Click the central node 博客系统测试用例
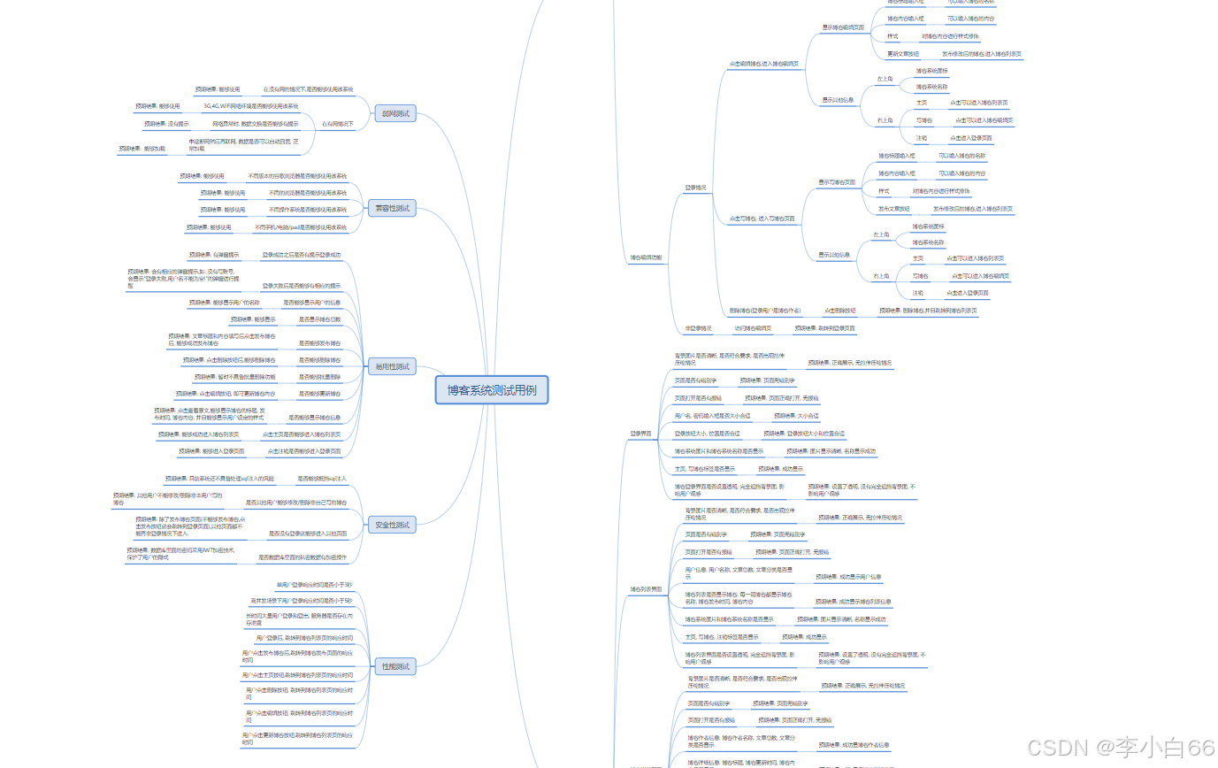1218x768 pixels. pyautogui.click(x=492, y=390)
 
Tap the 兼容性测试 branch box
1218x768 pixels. pyautogui.click(x=392, y=208)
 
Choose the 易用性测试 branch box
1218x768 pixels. pyautogui.click(x=392, y=366)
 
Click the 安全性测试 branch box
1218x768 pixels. pyautogui.click(x=392, y=525)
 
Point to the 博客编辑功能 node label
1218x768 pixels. pyautogui.click(x=646, y=257)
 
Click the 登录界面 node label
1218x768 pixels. pyautogui.click(x=640, y=434)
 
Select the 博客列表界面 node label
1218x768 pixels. pyautogui.click(x=646, y=588)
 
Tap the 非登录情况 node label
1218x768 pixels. pyautogui.click(x=698, y=328)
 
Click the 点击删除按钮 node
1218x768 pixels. pyautogui.click(x=839, y=311)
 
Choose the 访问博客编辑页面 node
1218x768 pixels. pyautogui.click(x=753, y=328)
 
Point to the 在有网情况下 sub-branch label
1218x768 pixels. pyautogui.click(x=337, y=124)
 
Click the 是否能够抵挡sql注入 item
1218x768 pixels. pyautogui.click(x=322, y=478)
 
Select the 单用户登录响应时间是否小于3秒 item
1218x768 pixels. pyautogui.click(x=314, y=585)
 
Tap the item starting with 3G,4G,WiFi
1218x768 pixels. pyautogui.click(x=251, y=106)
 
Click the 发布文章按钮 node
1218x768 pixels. pyautogui.click(x=894, y=209)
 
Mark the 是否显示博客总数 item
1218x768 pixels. pyautogui.click(x=319, y=319)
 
